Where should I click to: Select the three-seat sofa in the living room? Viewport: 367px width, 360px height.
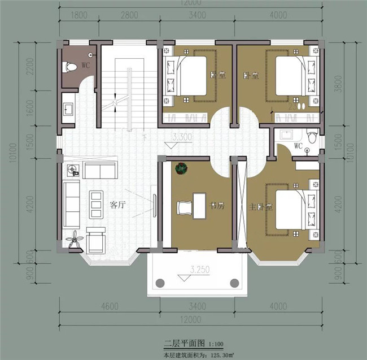click(72, 201)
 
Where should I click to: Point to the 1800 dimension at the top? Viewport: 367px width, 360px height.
click(79, 16)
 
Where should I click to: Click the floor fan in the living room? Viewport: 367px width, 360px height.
click(74, 240)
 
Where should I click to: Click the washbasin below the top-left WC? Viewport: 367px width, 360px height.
click(68, 109)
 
